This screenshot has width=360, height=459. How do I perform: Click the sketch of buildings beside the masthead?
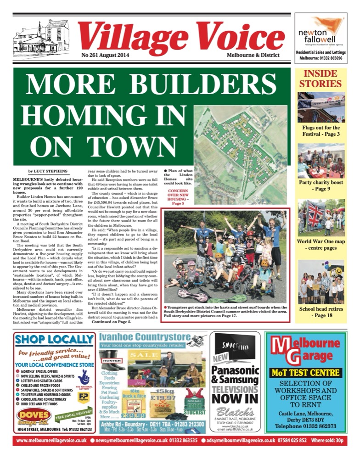42,39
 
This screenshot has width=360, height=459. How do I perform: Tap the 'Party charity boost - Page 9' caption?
321,185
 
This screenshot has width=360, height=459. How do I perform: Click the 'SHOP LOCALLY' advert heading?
54,339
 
